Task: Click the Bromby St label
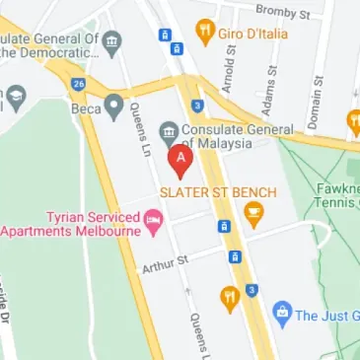click(283, 11)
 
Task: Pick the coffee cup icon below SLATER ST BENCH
click(253, 211)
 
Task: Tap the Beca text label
click(86, 108)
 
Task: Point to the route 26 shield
click(78, 83)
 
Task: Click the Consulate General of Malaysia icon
click(167, 132)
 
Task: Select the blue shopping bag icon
click(282, 315)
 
